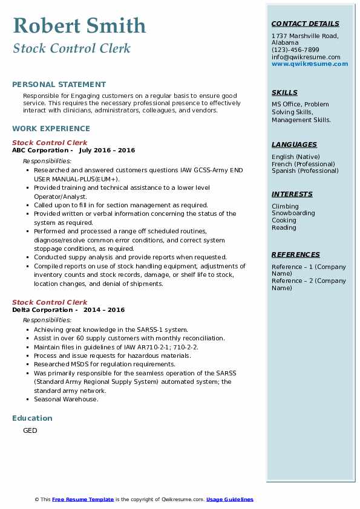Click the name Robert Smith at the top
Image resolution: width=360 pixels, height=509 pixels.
coord(79,25)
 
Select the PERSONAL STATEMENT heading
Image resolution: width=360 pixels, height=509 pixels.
coord(59,85)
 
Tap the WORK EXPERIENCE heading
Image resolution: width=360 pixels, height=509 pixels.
coord(51,129)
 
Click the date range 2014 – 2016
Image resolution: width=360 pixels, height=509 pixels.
coord(104,310)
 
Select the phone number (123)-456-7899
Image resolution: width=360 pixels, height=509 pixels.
coord(295,50)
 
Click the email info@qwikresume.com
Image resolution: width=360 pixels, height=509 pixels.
coord(306,57)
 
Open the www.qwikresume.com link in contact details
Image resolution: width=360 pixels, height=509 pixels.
coord(310,64)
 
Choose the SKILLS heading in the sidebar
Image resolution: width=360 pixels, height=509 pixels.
coord(284,93)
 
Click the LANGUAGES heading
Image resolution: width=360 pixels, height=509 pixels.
coord(294,145)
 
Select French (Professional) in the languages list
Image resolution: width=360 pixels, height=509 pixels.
coord(303,164)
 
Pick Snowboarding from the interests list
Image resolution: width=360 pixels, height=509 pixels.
coord(293,213)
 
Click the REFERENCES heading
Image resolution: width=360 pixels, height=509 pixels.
coord(295,255)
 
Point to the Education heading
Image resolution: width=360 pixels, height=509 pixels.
coord(32,418)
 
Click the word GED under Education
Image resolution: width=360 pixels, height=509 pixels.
coord(30,431)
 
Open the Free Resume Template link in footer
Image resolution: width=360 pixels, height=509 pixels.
coord(83,499)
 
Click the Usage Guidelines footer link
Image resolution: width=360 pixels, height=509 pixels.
coord(229,499)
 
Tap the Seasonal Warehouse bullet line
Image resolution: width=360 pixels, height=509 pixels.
coord(66,399)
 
